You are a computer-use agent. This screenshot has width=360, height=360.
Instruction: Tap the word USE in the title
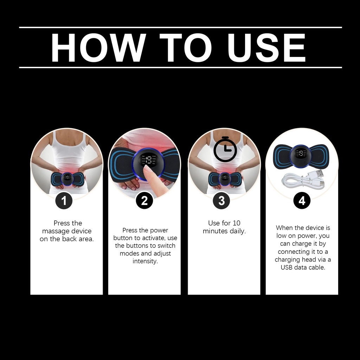click(266, 47)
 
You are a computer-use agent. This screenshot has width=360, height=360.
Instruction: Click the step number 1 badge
click(64, 201)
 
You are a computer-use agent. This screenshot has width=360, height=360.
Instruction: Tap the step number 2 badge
click(144, 201)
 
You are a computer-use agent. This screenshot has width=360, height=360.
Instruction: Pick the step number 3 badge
click(221, 201)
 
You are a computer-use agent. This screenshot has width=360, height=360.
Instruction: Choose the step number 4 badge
click(302, 201)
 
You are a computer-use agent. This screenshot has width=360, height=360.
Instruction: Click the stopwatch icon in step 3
click(225, 149)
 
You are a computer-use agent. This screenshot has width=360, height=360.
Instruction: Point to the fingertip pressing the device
click(146, 168)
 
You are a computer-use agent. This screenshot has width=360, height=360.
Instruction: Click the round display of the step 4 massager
click(301, 156)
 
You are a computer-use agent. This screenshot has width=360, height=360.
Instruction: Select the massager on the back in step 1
click(67, 179)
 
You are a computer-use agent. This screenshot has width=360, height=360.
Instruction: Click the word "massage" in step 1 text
click(55, 231)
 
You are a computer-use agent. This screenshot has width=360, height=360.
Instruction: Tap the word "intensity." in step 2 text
click(145, 261)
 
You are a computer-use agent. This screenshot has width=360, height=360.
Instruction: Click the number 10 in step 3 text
click(237, 223)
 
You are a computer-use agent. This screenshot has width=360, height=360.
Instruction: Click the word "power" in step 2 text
click(159, 231)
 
